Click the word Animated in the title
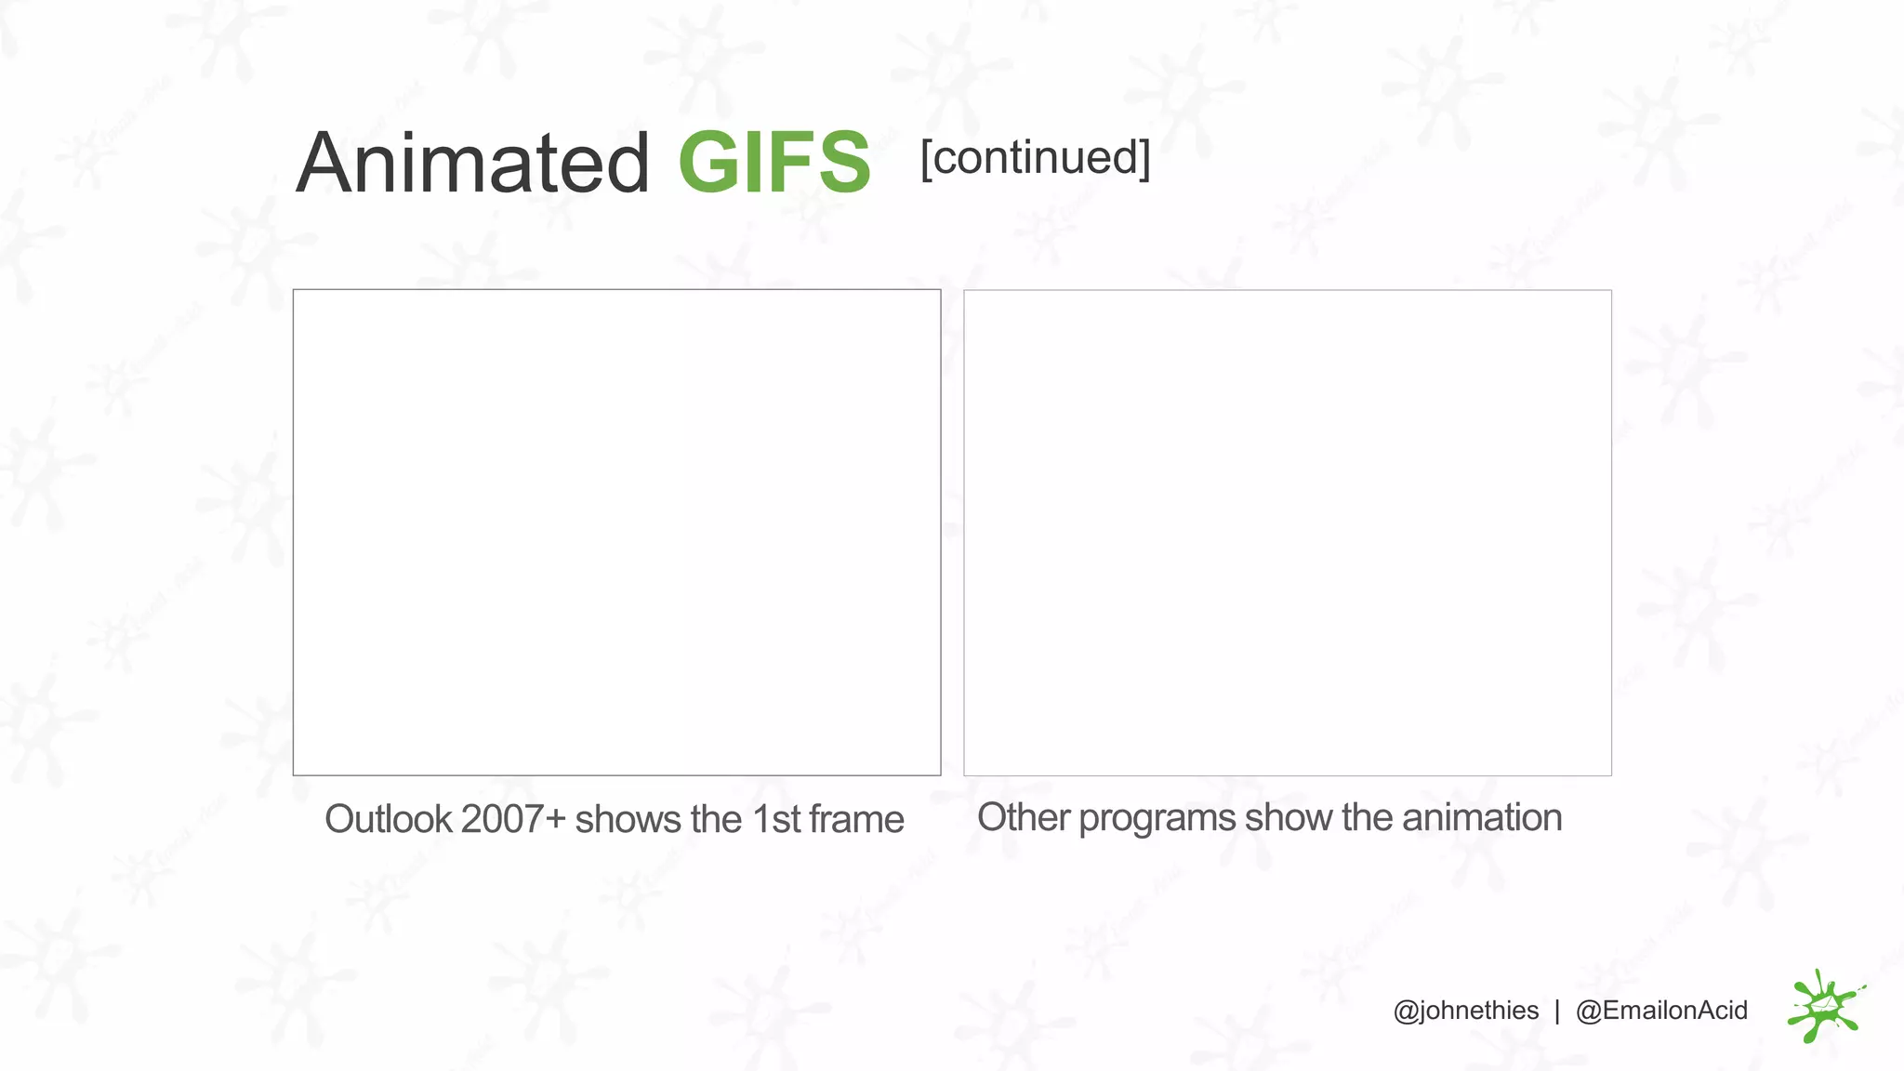click(x=472, y=164)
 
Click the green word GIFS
click(x=773, y=164)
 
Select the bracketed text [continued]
click(x=1035, y=158)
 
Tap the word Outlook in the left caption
click(x=388, y=820)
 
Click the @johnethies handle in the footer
click(x=1465, y=1011)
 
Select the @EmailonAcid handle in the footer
click(x=1661, y=1011)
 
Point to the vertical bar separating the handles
click(x=1557, y=1011)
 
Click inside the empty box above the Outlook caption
click(x=616, y=532)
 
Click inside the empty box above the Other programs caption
click(x=1287, y=532)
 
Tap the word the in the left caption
click(x=716, y=820)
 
